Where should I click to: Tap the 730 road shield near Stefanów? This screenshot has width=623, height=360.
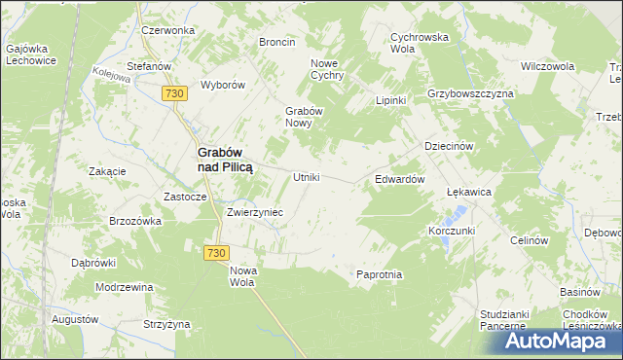click(x=174, y=92)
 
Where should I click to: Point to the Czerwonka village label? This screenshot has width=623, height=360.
click(x=167, y=30)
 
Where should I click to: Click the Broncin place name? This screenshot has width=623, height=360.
click(x=276, y=42)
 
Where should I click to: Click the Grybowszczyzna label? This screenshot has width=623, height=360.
click(x=470, y=93)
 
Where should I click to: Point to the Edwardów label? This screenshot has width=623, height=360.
click(x=399, y=180)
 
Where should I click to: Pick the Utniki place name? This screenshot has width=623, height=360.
click(x=307, y=178)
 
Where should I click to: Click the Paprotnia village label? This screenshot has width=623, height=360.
click(x=379, y=274)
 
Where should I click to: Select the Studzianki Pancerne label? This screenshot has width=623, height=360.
click(x=506, y=320)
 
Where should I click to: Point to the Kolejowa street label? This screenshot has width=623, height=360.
click(x=111, y=74)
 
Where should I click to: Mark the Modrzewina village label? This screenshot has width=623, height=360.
click(x=125, y=287)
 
